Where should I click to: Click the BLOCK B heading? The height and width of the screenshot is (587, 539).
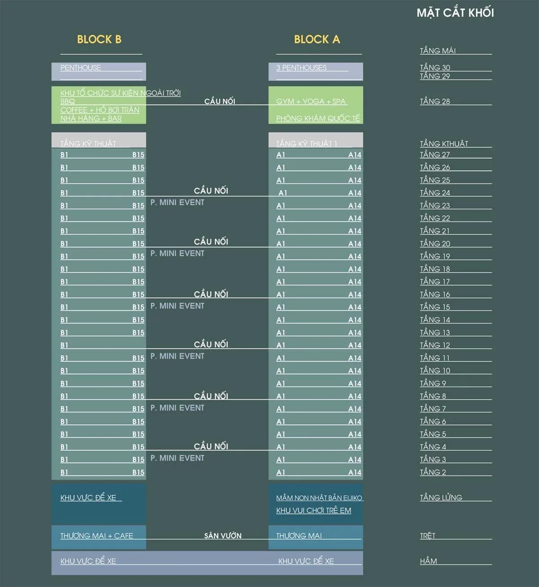99,40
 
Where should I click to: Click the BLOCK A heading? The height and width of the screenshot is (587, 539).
317,40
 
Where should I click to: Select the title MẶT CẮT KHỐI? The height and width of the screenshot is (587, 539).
455,13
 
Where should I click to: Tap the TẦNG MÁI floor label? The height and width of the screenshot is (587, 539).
437,51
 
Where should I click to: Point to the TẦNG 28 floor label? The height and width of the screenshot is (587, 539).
435,102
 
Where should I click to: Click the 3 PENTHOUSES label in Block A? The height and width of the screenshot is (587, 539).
301,68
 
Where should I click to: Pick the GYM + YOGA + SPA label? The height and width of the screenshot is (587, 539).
311,102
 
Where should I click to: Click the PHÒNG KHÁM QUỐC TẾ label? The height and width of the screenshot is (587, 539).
318,118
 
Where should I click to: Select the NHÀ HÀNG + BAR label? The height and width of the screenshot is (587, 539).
91,119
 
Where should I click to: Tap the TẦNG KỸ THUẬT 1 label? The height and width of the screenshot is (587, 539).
306,144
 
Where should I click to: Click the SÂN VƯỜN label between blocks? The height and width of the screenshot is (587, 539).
223,536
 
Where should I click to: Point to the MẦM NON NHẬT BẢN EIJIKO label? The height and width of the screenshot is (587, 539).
319,498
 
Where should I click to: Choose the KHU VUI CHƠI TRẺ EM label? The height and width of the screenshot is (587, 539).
314,511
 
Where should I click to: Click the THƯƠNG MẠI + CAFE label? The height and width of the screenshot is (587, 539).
97,536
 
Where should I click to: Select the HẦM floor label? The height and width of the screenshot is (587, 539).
429,561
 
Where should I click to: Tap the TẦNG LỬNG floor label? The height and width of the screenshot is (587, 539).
441,498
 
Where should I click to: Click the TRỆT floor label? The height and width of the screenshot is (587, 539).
428,536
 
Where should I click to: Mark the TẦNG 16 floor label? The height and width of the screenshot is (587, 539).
435,294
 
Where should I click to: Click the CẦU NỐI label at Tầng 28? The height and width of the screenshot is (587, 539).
220,102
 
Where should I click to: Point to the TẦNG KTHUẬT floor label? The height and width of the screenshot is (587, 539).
444,144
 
